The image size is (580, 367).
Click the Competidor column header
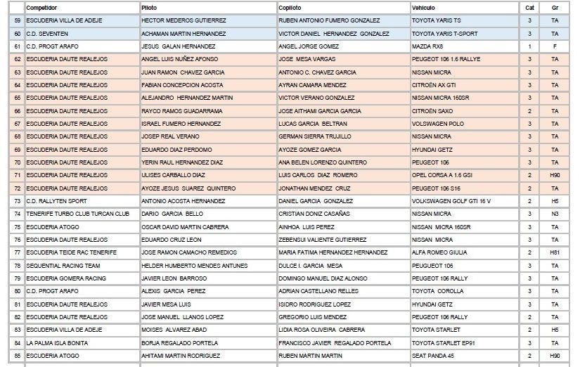[41, 7]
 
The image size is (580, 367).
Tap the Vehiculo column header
[423, 7]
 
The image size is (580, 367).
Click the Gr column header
[555, 7]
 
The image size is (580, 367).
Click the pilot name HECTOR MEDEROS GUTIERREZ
[183, 20]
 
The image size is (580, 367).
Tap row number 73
[17, 200]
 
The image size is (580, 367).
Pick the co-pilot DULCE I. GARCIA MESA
[311, 266]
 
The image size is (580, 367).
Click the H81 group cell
[555, 252]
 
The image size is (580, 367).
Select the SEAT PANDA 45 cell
[432, 356]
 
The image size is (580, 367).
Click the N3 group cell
[555, 214]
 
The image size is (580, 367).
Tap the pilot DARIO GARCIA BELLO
[172, 214]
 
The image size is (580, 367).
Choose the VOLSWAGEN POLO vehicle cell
[436, 123]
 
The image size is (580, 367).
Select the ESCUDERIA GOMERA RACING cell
[66, 278]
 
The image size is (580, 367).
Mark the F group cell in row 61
[555, 46]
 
